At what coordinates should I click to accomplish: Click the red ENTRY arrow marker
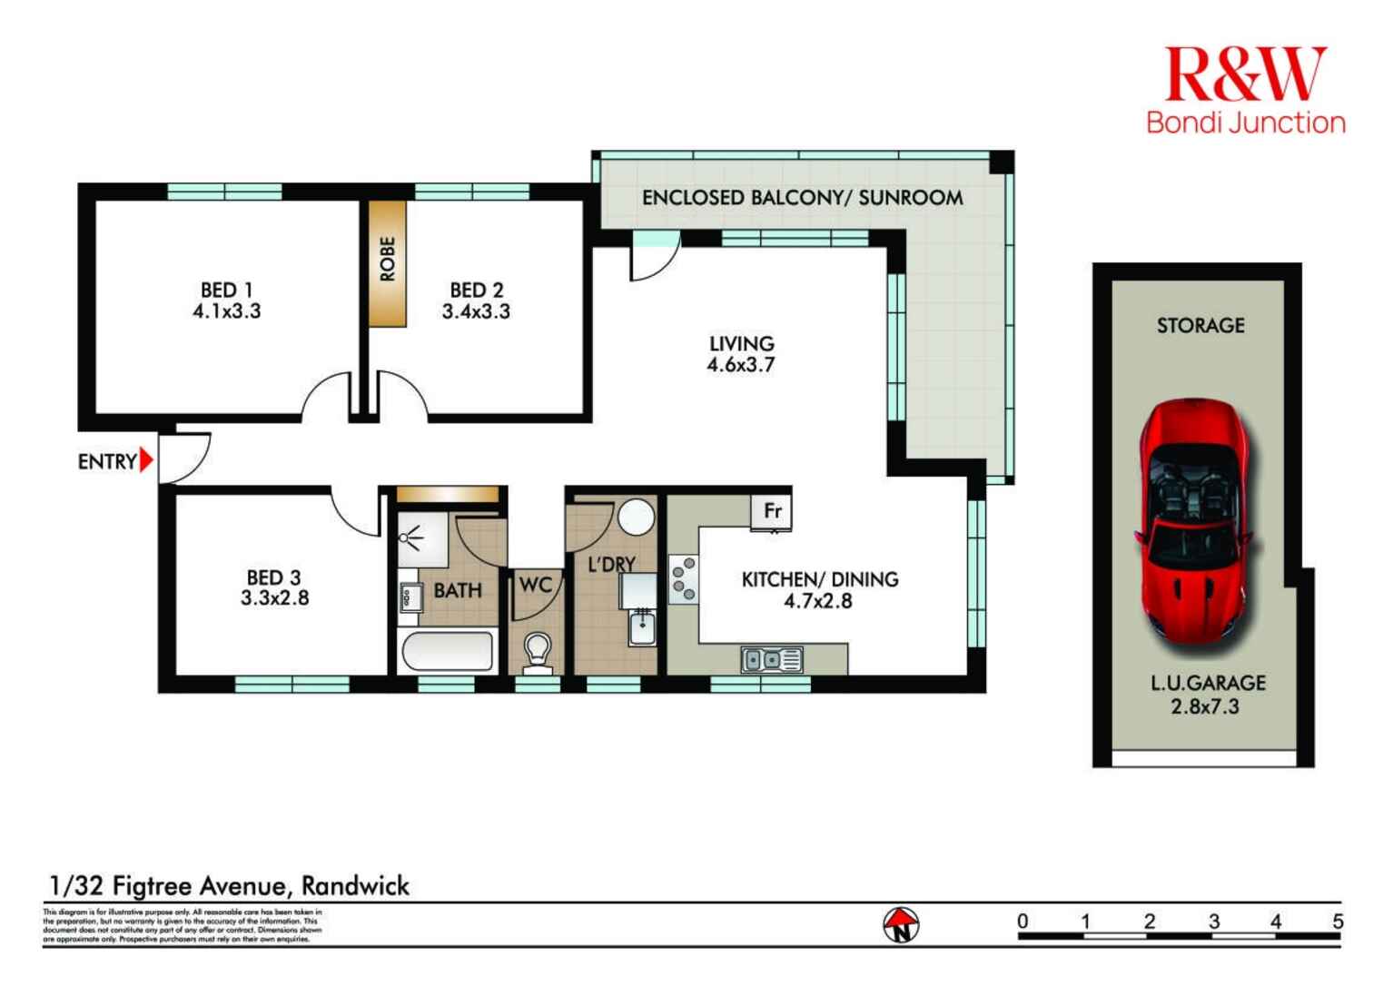(146, 461)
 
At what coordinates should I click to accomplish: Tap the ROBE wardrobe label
(388, 259)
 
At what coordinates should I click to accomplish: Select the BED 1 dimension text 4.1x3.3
(226, 311)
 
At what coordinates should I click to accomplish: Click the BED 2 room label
(476, 291)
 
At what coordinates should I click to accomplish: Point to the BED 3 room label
(273, 577)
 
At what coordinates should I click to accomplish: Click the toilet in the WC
(537, 653)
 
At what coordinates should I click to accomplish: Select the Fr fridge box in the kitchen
(772, 511)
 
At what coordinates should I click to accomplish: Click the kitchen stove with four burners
(683, 579)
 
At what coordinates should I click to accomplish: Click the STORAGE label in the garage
(1200, 325)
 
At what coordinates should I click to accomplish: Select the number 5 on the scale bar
(1337, 921)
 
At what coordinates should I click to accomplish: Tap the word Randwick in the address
(355, 885)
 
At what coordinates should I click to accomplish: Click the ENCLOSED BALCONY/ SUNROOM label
(802, 198)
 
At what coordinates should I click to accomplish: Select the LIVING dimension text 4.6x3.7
(741, 365)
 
